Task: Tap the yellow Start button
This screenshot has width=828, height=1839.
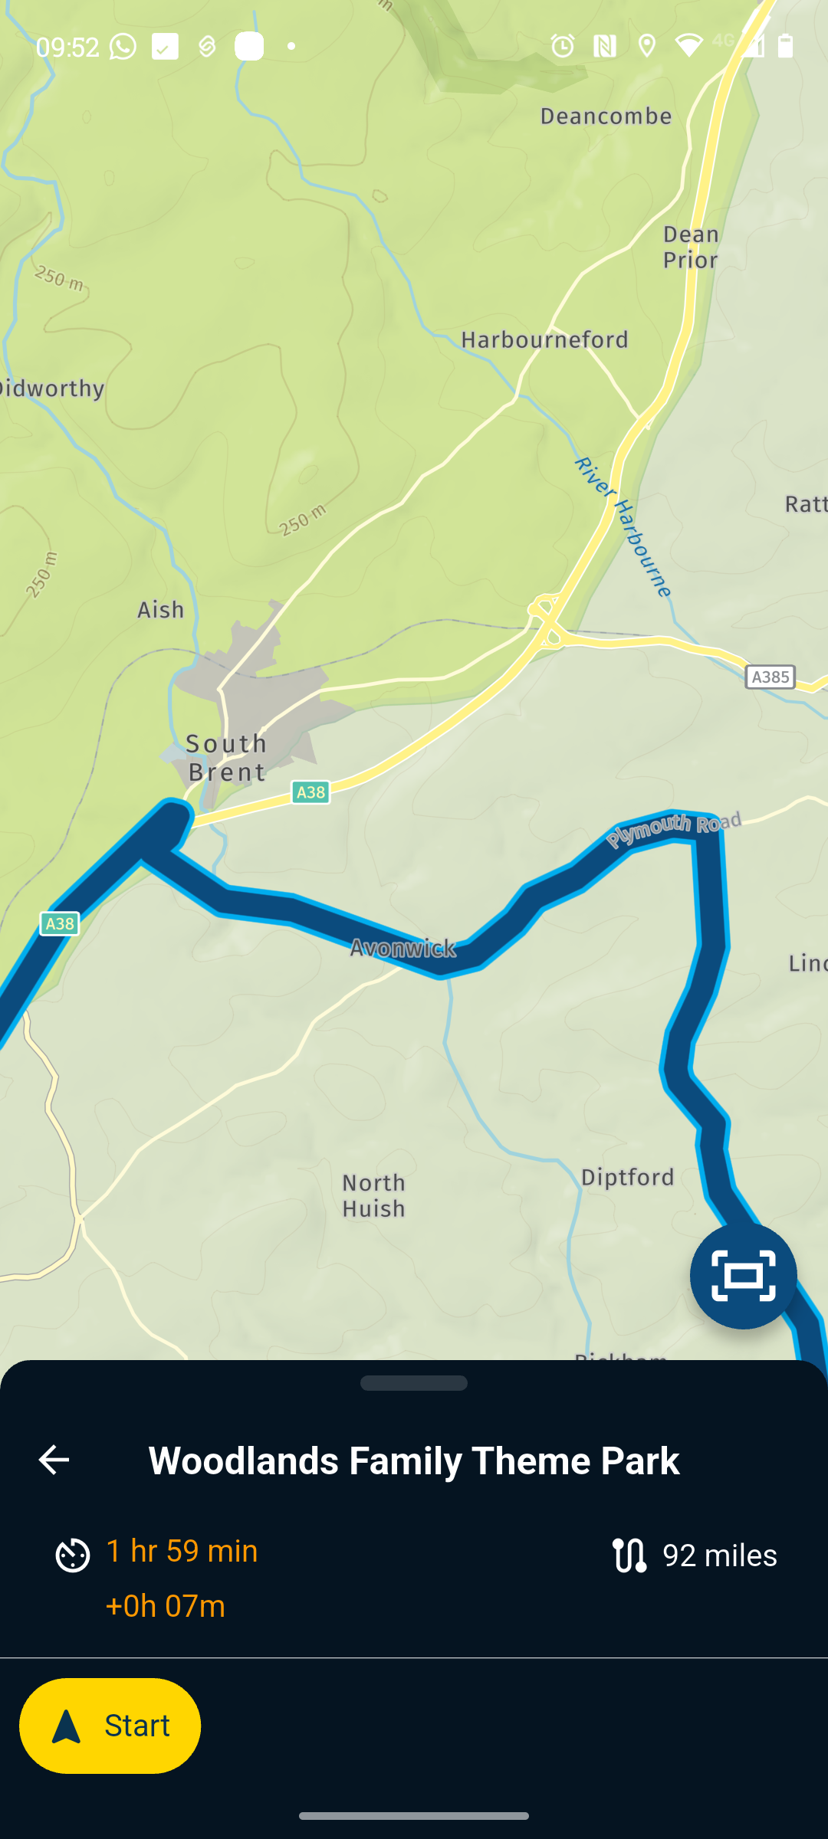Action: (110, 1726)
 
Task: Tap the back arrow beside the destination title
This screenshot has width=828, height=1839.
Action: (54, 1460)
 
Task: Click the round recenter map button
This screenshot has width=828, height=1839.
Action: (743, 1276)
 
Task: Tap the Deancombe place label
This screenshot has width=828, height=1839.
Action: (606, 116)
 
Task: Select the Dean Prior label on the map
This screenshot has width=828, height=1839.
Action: (691, 247)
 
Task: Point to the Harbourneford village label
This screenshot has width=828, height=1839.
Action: (544, 339)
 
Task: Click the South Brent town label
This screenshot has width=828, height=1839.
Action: (227, 757)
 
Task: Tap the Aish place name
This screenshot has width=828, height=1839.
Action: (161, 610)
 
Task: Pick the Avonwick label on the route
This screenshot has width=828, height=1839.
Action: (403, 949)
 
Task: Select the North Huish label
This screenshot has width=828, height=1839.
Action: (373, 1195)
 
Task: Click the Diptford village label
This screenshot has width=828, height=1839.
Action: (628, 1177)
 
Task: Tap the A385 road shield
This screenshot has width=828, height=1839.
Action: (770, 677)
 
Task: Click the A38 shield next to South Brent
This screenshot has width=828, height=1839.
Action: (310, 792)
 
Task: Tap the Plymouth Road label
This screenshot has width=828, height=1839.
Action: (675, 829)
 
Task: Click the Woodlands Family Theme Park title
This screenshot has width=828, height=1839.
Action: (414, 1460)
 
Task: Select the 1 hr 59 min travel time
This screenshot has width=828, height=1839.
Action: (182, 1551)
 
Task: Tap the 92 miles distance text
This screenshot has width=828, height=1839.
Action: (719, 1555)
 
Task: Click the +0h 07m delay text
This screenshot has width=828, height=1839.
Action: (166, 1606)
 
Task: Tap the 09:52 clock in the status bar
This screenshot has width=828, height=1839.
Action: (67, 47)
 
